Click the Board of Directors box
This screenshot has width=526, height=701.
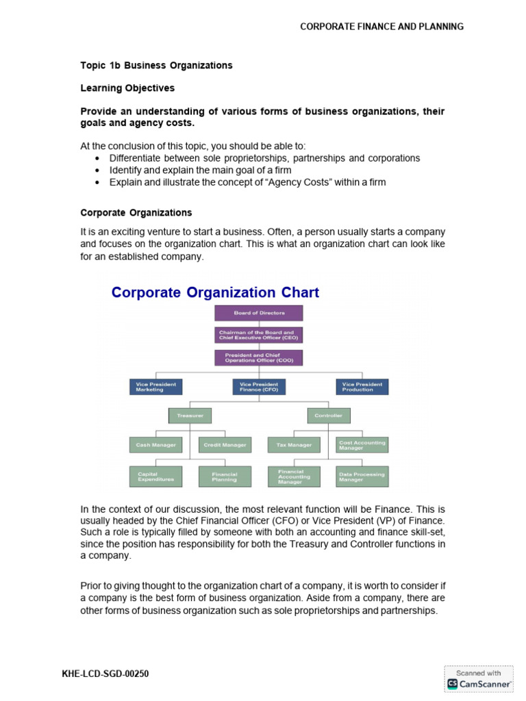click(x=259, y=313)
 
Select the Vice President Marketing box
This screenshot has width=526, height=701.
click(x=155, y=387)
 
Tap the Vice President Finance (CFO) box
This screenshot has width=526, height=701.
click(x=259, y=387)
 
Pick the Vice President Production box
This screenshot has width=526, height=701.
click(x=362, y=387)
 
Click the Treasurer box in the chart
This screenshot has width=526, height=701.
click(x=190, y=416)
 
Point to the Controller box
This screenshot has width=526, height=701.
click(x=327, y=416)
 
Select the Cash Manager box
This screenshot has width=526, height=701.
click(x=155, y=445)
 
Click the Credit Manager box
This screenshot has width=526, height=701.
click(x=225, y=445)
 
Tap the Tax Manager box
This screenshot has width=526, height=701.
click(x=293, y=445)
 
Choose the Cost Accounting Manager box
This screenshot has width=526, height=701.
click(x=362, y=445)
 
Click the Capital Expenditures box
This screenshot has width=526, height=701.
click(x=155, y=476)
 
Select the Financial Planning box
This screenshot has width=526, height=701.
click(x=225, y=476)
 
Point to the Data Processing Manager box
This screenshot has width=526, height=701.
click(x=362, y=476)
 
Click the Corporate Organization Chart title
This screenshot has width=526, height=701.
click(x=215, y=293)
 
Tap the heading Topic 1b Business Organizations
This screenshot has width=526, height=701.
click(x=156, y=66)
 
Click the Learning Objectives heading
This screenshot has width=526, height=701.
click(x=127, y=88)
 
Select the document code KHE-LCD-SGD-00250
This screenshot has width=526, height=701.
click(x=105, y=674)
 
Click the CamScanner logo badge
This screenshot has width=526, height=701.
click(x=479, y=678)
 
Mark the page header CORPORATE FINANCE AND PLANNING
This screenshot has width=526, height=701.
click(x=382, y=27)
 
